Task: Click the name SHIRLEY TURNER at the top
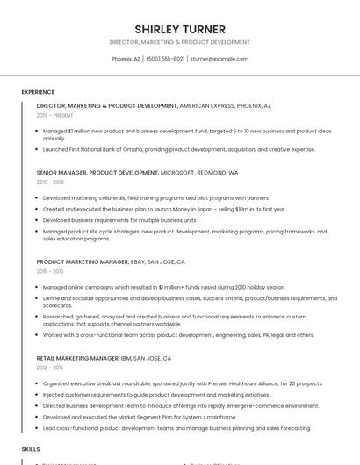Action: [180, 29]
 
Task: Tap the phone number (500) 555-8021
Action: [165, 59]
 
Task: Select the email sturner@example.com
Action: [220, 59]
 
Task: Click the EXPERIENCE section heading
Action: [38, 92]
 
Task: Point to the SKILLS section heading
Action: [31, 449]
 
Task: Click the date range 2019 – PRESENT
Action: [55, 115]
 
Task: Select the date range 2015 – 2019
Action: [50, 182]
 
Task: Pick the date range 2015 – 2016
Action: [50, 271]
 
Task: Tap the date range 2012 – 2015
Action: [50, 368]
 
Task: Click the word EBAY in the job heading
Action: [138, 261]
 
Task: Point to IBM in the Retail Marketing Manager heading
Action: [127, 358]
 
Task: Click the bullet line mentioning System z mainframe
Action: [140, 417]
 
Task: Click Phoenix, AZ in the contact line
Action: [126, 59]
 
